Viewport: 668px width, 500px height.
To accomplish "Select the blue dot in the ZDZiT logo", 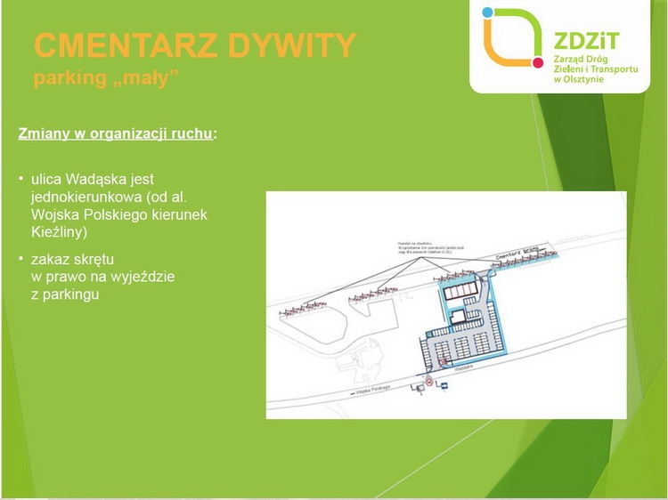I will pos(487,13).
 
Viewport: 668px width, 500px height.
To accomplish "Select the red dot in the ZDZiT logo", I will pos(537,63).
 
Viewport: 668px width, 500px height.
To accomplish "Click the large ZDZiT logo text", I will pos(582,39).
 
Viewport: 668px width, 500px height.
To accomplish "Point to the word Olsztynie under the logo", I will pos(582,81).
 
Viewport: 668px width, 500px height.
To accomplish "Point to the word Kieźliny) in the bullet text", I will pos(60,231).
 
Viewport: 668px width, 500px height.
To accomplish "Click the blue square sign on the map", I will pos(414,387).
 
